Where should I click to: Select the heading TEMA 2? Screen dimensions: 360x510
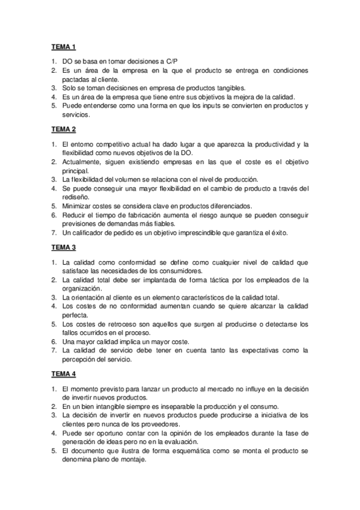pos(63,129)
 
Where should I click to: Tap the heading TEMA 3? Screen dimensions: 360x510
pos(63,247)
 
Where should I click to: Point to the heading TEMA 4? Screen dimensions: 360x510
pos(63,374)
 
